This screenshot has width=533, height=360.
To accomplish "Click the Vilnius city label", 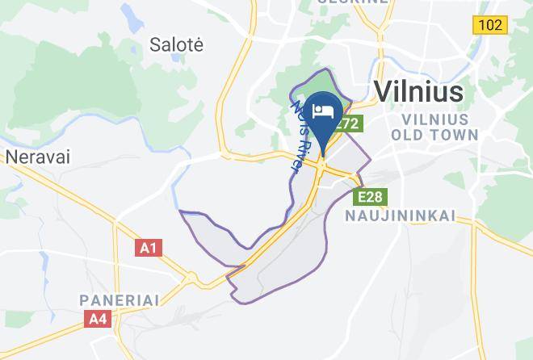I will click(418, 90).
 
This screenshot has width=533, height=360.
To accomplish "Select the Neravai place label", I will click(37, 157).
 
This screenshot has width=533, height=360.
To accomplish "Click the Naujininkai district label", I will click(401, 216).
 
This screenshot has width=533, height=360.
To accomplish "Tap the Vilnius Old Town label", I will click(434, 127).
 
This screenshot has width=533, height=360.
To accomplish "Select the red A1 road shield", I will click(148, 248).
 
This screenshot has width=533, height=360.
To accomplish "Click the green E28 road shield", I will click(371, 196).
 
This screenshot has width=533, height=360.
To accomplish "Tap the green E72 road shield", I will click(348, 124).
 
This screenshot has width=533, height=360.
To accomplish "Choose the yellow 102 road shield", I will click(490, 25).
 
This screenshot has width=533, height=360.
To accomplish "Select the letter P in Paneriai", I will click(83, 299).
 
